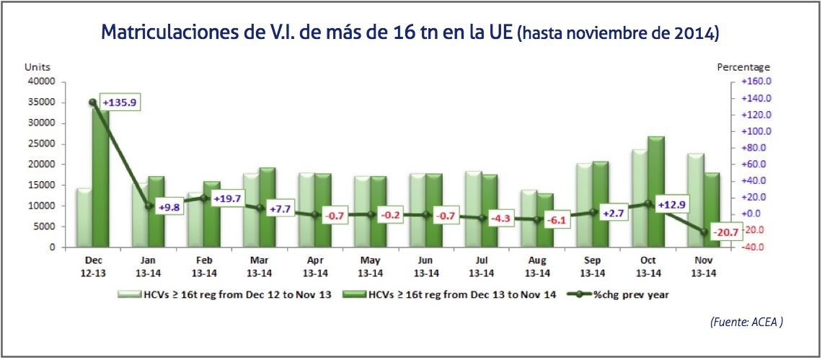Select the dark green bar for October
click(x=655, y=191)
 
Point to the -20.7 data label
click(x=722, y=232)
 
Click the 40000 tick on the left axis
click(x=40, y=82)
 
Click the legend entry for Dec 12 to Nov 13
click(x=226, y=294)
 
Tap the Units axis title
click(x=36, y=66)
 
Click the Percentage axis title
click(x=743, y=66)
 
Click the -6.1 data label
click(x=555, y=221)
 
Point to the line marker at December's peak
click(x=93, y=102)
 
